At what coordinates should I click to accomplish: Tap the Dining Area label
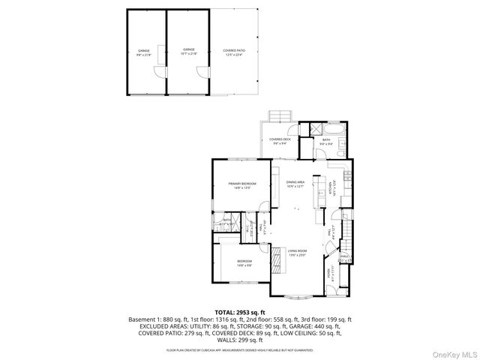coord(295,184)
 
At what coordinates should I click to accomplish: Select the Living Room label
coord(298,253)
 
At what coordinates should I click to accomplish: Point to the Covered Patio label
coord(234,53)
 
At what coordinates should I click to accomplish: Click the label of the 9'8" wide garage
coord(143,53)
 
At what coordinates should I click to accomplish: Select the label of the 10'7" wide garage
coord(187,53)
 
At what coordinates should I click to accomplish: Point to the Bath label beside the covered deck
coord(326,142)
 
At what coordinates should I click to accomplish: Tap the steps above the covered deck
coord(280,114)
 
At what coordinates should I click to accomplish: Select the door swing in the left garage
coord(158,70)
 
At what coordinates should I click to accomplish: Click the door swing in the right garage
coord(201,70)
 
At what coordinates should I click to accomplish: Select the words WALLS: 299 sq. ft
coord(241,339)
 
